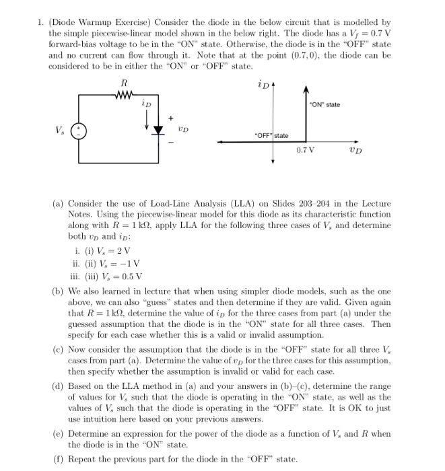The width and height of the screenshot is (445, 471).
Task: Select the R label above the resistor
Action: click(123, 83)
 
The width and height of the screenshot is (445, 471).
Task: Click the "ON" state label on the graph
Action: click(324, 104)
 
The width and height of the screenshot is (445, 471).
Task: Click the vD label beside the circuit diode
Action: click(182, 129)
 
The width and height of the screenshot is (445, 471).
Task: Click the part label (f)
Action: click(59, 460)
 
